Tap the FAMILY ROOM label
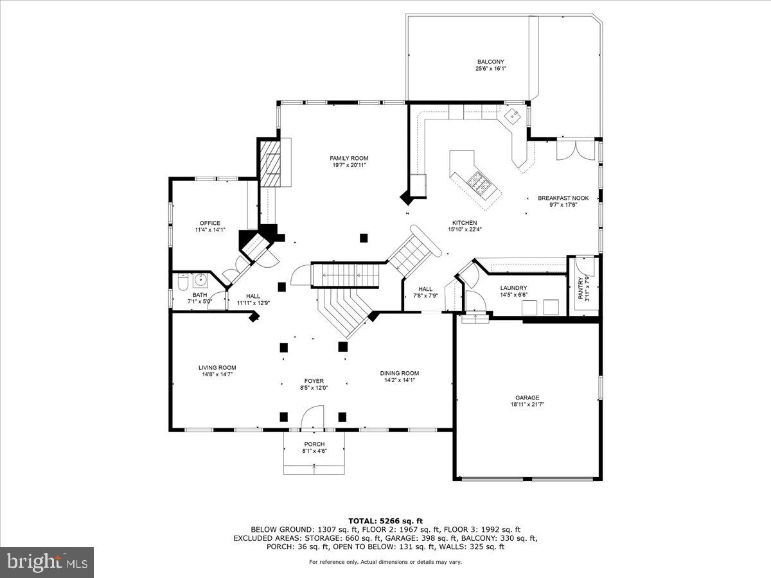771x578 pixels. (x=349, y=158)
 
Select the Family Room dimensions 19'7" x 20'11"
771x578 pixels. (x=349, y=166)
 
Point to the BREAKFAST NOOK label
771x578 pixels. (x=563, y=198)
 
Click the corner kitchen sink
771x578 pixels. (x=513, y=117)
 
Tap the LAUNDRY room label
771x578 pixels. (x=513, y=288)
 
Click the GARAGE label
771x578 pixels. (x=527, y=398)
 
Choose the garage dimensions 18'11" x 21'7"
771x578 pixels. (x=527, y=405)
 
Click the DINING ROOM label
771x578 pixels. (x=399, y=373)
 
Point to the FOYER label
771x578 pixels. (x=314, y=380)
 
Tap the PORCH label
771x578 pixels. (x=314, y=444)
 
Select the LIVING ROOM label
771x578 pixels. (x=217, y=367)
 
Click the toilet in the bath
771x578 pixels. (x=182, y=281)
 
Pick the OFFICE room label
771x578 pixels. (x=209, y=223)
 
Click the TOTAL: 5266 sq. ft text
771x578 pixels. (x=385, y=521)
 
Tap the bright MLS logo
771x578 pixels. (x=47, y=563)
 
